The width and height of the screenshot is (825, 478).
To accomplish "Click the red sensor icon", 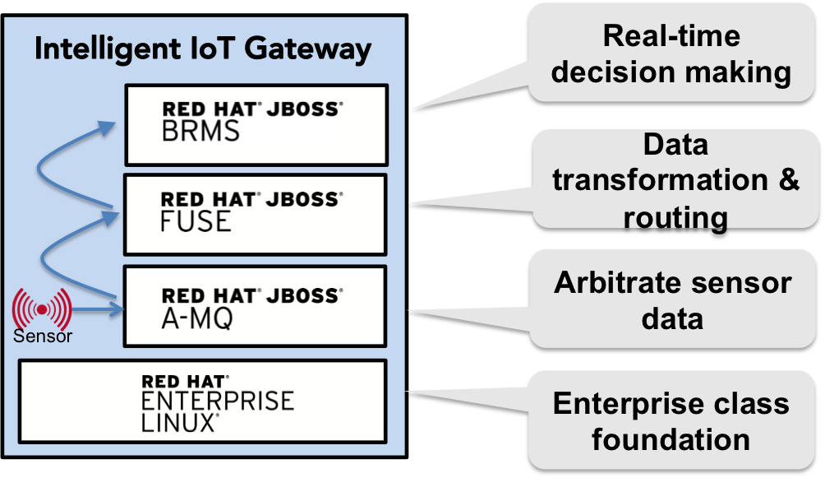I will coord(41,308).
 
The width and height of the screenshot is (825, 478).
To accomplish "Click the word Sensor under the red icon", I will coord(42,336).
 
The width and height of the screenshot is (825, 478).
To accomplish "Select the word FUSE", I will coord(196,220).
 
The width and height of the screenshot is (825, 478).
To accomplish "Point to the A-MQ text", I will coord(197,317).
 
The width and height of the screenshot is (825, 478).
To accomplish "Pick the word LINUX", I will coord(177,422).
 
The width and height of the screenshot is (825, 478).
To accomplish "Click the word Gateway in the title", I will coord(311,49).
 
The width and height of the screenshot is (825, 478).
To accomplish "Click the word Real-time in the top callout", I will coord(671,36).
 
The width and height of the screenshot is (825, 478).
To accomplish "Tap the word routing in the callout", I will coord(675,217).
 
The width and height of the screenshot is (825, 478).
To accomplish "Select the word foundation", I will coord(671,439).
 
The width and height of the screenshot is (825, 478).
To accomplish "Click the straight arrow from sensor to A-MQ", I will coord(97,309).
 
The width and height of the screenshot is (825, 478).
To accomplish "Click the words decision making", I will coord(671,72).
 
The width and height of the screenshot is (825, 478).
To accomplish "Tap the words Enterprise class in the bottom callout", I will coord(671,403).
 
